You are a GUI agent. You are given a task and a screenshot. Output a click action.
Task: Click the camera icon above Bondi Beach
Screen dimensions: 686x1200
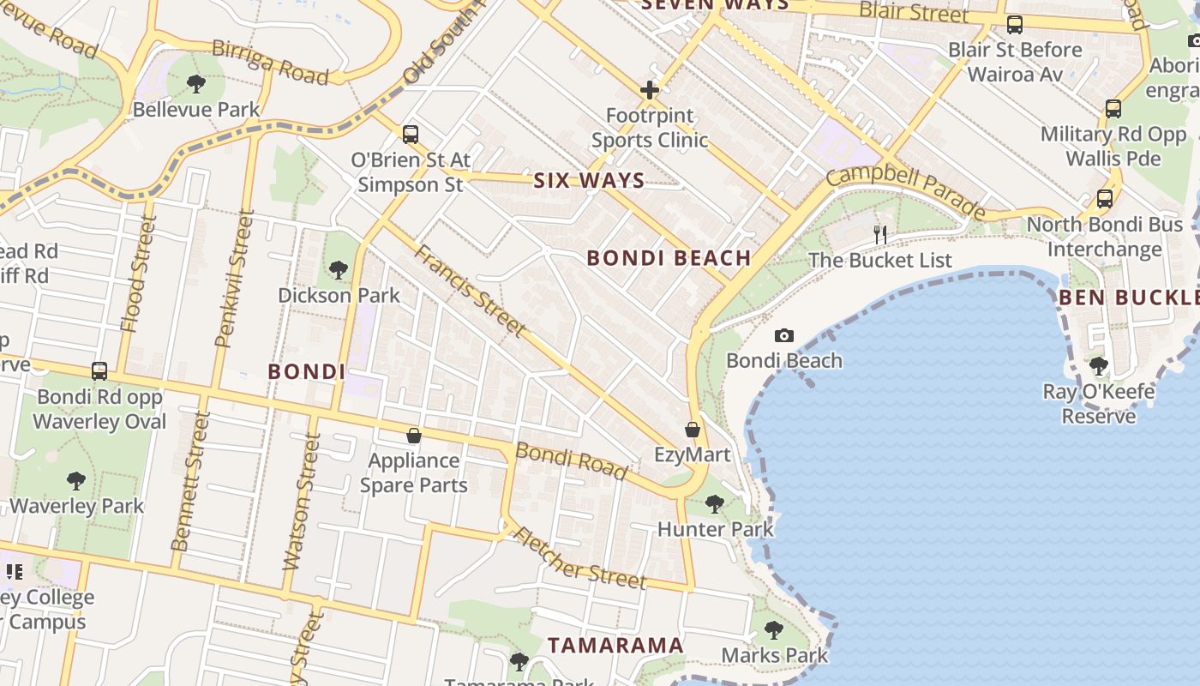tap(783, 336)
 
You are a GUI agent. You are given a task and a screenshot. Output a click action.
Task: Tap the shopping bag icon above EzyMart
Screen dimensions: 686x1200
tap(693, 430)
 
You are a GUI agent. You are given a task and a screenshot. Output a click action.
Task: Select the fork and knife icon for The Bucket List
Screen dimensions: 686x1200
tap(880, 234)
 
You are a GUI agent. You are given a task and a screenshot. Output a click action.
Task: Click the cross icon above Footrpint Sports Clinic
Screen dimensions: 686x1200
tap(650, 90)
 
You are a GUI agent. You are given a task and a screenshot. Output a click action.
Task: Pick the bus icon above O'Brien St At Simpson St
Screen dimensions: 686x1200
tap(411, 135)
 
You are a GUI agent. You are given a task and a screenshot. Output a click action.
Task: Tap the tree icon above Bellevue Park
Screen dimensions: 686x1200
tap(196, 84)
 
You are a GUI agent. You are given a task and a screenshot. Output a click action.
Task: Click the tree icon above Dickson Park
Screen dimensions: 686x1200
tap(339, 270)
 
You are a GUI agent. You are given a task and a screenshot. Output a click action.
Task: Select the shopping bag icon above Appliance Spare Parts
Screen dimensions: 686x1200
tap(414, 436)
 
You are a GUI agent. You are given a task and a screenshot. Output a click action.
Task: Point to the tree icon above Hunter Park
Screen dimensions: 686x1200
tap(715, 504)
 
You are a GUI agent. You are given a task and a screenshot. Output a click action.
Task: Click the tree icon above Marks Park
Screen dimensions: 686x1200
tap(774, 631)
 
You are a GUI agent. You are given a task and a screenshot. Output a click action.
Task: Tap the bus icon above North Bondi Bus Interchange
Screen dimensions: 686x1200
tap(1105, 199)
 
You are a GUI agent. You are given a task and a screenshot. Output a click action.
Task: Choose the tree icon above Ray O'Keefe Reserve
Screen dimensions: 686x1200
tap(1099, 366)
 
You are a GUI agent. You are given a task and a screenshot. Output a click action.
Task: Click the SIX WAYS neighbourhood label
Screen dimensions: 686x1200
tap(589, 180)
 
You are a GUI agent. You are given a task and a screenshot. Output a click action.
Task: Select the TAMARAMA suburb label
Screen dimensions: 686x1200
tap(615, 645)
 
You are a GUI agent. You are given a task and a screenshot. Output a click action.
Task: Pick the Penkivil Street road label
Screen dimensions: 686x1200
tap(235, 278)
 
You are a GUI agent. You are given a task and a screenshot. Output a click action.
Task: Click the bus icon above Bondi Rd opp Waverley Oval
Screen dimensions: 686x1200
tap(99, 371)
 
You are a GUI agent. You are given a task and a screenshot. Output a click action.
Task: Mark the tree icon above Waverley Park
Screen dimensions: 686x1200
tap(76, 480)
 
